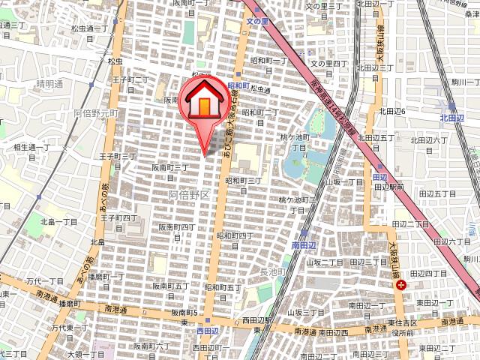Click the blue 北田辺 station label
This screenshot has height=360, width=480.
[x=453, y=117]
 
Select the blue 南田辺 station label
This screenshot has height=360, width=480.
[x=305, y=245]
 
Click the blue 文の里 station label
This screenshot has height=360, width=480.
[x=257, y=21]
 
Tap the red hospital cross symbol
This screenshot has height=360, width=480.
[x=401, y=284]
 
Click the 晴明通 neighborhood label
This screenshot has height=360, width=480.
[x=49, y=84]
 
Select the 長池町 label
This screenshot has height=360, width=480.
[x=274, y=271]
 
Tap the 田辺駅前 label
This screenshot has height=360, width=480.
[x=389, y=187]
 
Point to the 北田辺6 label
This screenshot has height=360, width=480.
[x=392, y=111]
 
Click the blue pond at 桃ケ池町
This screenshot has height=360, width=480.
[x=300, y=161]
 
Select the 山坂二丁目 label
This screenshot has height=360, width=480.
[x=324, y=262]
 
